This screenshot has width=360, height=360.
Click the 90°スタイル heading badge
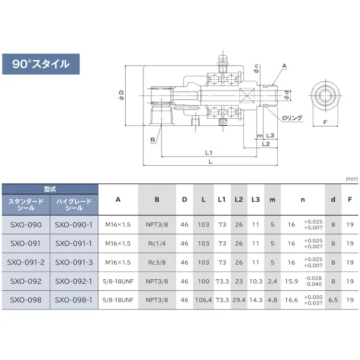pyautogui.click(x=41, y=64)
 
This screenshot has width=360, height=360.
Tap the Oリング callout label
pyautogui.click(x=292, y=118)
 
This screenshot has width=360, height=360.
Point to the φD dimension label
pyautogui.click(x=121, y=95)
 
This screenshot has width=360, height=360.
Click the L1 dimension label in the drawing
pyautogui.click(x=209, y=152)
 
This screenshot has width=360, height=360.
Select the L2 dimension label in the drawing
pyautogui.click(x=266, y=144)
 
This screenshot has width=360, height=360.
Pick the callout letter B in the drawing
pyautogui.click(x=152, y=139)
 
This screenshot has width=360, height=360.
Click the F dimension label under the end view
pyautogui.click(x=325, y=122)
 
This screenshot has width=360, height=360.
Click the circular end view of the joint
pyautogui.click(x=325, y=95)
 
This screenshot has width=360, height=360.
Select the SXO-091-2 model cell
pyautogui.click(x=26, y=263)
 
